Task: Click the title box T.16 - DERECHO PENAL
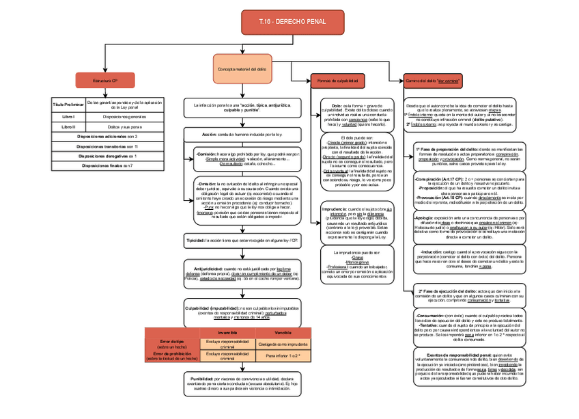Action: coord(283,23)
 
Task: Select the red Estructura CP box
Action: coord(105,81)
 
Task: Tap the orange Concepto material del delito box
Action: coord(242,70)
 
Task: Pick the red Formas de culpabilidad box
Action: coord(339,81)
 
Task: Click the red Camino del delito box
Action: coord(432,81)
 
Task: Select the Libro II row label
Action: coord(68,126)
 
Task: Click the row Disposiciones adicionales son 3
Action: coord(107,137)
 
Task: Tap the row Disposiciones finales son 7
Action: coord(107,165)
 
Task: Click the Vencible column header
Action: coord(283,332)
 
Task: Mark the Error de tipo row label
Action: coord(172,343)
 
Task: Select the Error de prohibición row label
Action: coord(172,355)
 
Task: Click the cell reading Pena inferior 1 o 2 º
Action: coord(283,356)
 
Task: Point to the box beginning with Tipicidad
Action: coord(242,241)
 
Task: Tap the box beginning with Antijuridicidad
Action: coord(242,273)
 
